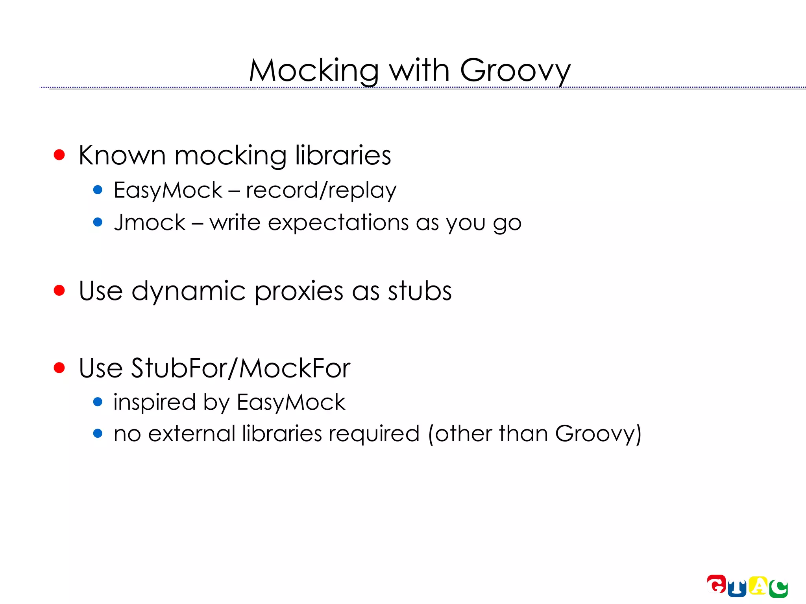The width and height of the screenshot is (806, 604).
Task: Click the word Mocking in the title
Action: pyautogui.click(x=313, y=71)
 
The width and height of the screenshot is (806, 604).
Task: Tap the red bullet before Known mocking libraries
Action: pyautogui.click(x=59, y=155)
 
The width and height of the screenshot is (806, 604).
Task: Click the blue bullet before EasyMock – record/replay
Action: pyautogui.click(x=98, y=190)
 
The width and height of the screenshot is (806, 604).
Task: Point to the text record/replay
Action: pyautogui.click(x=321, y=191)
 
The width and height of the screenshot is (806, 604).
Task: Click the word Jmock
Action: pyautogui.click(x=150, y=223)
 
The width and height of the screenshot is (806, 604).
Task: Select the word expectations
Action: pyautogui.click(x=338, y=223)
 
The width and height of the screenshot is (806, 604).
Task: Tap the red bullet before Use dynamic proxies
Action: pyautogui.click(x=59, y=291)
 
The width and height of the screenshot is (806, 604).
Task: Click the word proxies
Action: pyautogui.click(x=299, y=292)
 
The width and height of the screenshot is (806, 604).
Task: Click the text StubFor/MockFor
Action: pyautogui.click(x=240, y=368)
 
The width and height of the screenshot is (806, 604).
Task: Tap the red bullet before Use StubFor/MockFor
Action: pyautogui.click(x=59, y=368)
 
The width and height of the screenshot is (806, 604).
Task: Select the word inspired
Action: pyautogui.click(x=154, y=403)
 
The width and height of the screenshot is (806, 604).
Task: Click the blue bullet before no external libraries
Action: pyautogui.click(x=98, y=434)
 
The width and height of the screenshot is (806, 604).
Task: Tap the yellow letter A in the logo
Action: pyautogui.click(x=758, y=586)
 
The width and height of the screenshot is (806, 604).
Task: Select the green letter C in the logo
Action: pyautogui.click(x=778, y=589)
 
